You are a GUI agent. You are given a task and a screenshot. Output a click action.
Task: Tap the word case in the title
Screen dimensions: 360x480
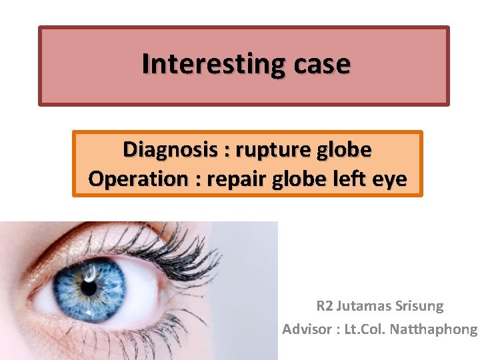tap(319, 64)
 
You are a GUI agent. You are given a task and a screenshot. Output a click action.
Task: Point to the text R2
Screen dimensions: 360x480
tap(324, 307)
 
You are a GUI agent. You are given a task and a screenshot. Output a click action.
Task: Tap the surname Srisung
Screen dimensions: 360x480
tap(421, 307)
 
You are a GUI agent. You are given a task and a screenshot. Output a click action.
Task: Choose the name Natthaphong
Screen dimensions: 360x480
tap(434, 329)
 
